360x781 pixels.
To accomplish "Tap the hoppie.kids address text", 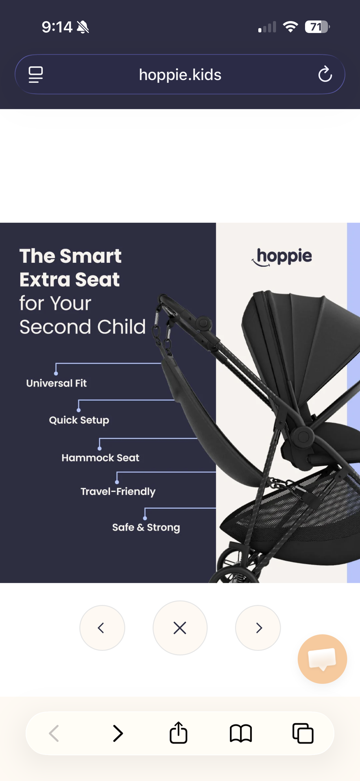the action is pos(180,75).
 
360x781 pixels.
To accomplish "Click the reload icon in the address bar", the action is pos(325,74).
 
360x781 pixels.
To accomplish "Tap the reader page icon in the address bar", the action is pos(36,74).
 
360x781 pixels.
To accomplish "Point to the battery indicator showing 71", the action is pos(317,27).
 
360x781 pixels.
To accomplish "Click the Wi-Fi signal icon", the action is pos(290,27).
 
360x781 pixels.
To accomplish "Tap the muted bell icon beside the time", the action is pos(83,27).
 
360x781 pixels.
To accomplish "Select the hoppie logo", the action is pos(282,257).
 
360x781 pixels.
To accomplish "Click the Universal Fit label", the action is pos(57,383).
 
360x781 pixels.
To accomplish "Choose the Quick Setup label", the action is pos(79,420).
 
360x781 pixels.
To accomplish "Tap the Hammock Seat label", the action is pos(100,458).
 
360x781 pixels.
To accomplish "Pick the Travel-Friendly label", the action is pos(118,491).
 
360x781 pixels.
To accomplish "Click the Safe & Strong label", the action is pos(146,527).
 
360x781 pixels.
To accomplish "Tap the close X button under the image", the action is pos(180,628).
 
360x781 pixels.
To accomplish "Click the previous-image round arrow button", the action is pos(102,628).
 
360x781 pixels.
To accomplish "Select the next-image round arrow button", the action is pos(258,628).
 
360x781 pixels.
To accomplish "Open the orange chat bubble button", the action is pos(322,659).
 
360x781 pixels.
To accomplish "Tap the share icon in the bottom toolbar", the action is pos(178,733).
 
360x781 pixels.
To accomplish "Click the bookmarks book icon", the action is pos(241,733).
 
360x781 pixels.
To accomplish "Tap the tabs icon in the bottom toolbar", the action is pos(303,733).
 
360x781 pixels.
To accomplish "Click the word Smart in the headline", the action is pos(90,256).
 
